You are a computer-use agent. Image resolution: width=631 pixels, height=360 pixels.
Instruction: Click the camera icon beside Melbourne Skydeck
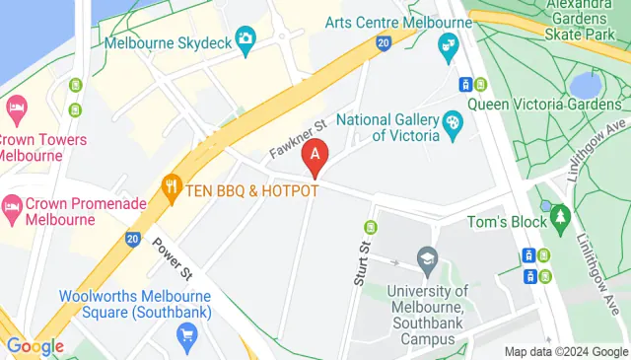pyautogui.click(x=245, y=38)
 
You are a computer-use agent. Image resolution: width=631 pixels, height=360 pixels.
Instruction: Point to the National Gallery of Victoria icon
pyautogui.click(x=453, y=123)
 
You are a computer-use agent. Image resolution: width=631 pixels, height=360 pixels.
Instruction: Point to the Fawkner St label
pyautogui.click(x=298, y=140)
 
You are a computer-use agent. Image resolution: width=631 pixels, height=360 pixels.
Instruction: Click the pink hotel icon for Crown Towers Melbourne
pyautogui.click(x=15, y=107)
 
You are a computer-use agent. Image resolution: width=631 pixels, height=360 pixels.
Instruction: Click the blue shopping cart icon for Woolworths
pyautogui.click(x=185, y=337)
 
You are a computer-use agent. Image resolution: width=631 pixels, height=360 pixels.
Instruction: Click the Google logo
pyautogui.click(x=34, y=346)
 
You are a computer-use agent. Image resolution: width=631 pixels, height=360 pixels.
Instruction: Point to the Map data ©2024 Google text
pyautogui.click(x=565, y=352)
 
